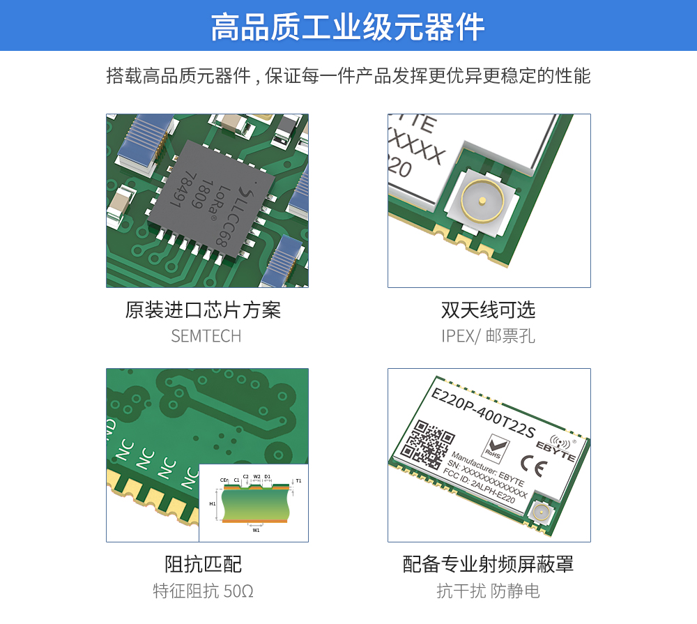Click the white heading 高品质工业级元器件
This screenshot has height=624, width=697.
(x=348, y=26)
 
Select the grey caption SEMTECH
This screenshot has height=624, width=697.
(x=206, y=336)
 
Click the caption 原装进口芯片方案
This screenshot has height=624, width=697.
(x=203, y=310)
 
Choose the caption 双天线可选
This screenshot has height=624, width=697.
(x=488, y=310)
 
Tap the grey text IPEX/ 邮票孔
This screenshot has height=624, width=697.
(x=488, y=336)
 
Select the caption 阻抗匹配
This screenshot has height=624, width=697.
(x=203, y=563)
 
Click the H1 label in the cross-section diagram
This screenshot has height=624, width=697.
(x=213, y=503)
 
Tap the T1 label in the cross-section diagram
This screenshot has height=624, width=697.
(x=299, y=480)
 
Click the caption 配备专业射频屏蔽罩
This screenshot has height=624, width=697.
(x=488, y=563)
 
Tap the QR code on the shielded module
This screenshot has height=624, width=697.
(x=427, y=444)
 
